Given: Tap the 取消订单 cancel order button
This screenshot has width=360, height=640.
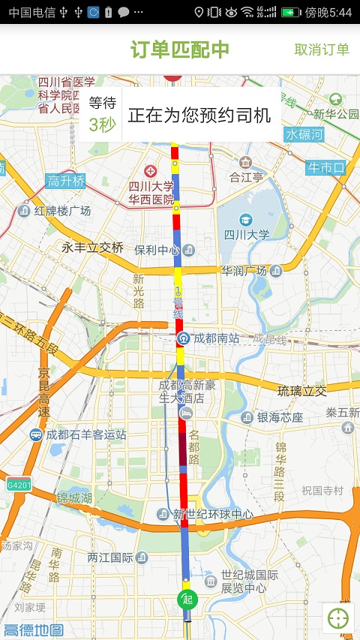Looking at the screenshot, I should pyautogui.click(x=322, y=50).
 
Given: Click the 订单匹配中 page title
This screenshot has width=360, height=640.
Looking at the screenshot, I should pyautogui.click(x=180, y=50).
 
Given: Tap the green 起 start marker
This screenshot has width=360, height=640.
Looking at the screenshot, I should pyautogui.click(x=187, y=599).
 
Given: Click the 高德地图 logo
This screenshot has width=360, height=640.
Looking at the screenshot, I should pyautogui.click(x=33, y=630).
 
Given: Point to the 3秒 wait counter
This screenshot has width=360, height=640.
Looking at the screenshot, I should pyautogui.click(x=102, y=125).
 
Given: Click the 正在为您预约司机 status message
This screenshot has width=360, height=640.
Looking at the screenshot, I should pyautogui.click(x=199, y=116).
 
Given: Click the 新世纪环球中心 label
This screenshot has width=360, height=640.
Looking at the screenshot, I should pyautogui.click(x=213, y=515).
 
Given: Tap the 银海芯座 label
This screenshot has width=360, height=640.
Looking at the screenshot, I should pyautogui.click(x=280, y=417).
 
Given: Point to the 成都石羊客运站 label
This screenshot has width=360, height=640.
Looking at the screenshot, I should pyautogui.click(x=85, y=434).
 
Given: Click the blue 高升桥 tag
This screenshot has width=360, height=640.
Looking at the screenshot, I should pyautogui.click(x=66, y=181).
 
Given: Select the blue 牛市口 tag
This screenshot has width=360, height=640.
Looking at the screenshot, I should pyautogui.click(x=325, y=168).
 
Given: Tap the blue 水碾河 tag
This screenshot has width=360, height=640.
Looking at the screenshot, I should pyautogui.click(x=304, y=135).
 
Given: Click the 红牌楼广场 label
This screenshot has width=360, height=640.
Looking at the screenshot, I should pyautogui.click(x=62, y=211).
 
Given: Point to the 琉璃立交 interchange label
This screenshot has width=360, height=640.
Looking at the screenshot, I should pyautogui.click(x=302, y=390).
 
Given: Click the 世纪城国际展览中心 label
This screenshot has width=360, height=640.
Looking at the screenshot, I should pyautogui.click(x=250, y=581).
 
